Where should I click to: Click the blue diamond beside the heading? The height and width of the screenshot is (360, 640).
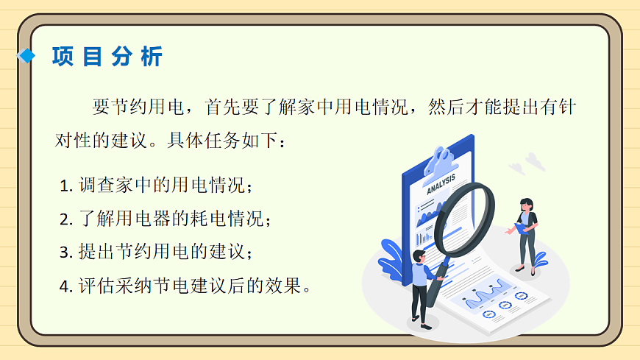pyautogui.click(x=27, y=56)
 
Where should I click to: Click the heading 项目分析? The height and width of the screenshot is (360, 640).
pyautogui.click(x=107, y=57)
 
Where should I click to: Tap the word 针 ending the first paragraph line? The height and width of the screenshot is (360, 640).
pyautogui.click(x=566, y=107)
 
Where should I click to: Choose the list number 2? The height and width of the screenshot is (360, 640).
pyautogui.click(x=64, y=219)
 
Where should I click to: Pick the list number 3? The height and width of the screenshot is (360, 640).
pyautogui.click(x=64, y=253)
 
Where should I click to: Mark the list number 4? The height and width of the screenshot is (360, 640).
pyautogui.click(x=64, y=286)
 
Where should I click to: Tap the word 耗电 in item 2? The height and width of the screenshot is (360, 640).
pyautogui.click(x=207, y=219)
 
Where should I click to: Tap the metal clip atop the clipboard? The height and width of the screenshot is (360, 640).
pyautogui.click(x=441, y=158)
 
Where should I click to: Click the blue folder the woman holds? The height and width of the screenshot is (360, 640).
pyautogui.click(x=523, y=228)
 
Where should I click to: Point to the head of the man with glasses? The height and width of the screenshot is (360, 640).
pyautogui.click(x=420, y=255)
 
